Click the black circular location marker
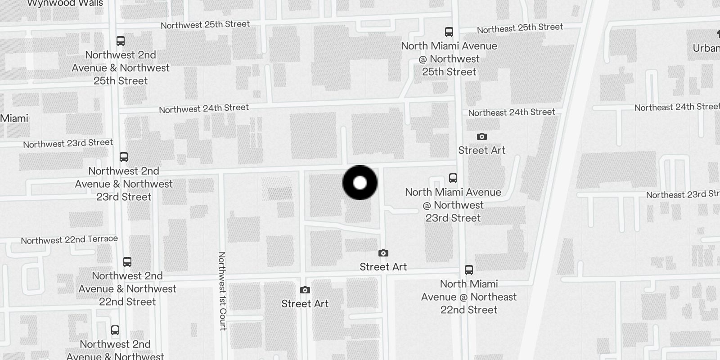360,183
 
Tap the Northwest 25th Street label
205,25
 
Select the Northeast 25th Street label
520,28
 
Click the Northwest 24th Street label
204,108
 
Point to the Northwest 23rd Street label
68,144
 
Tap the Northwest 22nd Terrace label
69,240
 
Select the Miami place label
14,118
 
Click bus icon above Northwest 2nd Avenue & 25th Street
121,41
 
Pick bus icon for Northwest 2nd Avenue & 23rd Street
124,157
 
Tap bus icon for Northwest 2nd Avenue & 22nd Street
127,262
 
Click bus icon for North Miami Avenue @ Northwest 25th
449,32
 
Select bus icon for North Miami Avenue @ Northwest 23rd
453,178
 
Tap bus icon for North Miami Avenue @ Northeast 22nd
469,270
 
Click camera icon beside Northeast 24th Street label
481,137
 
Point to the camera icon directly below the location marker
383,253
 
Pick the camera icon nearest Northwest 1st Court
305,290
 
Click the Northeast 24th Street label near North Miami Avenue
512,112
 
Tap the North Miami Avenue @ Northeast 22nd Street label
469,297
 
